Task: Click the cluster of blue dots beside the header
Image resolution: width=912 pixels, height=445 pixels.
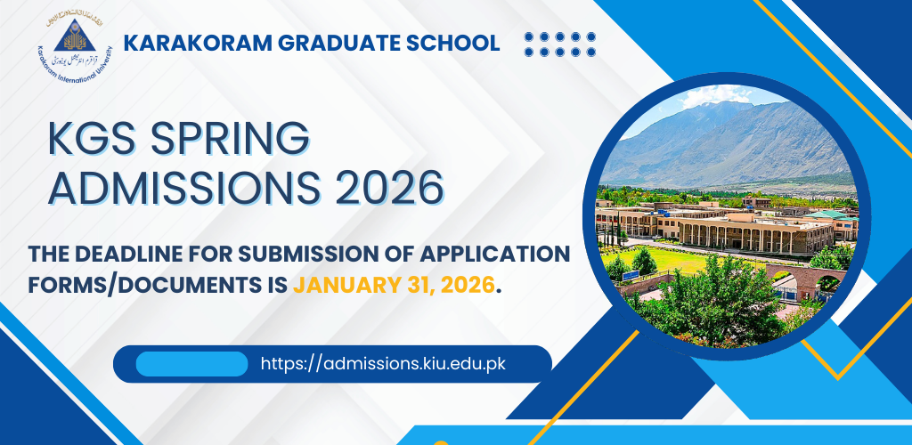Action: (x=560, y=44)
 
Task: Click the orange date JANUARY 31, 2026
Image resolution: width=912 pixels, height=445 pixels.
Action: (x=392, y=286)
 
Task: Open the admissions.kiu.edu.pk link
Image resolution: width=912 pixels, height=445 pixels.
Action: (x=383, y=364)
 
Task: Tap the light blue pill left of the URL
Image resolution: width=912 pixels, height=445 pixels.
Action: (x=191, y=364)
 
